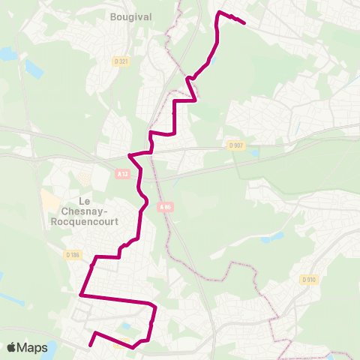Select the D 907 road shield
[x=237, y=145]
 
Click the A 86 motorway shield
[x=166, y=207]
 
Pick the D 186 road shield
[x=72, y=256]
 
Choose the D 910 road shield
[x=307, y=279]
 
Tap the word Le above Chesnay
[x=85, y=201]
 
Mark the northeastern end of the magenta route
[x=245, y=23]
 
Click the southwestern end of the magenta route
[x=89, y=346]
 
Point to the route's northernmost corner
[x=218, y=13]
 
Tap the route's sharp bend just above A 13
[x=130, y=155]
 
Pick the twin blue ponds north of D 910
[x=274, y=238]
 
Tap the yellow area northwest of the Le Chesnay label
[x=49, y=201]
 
